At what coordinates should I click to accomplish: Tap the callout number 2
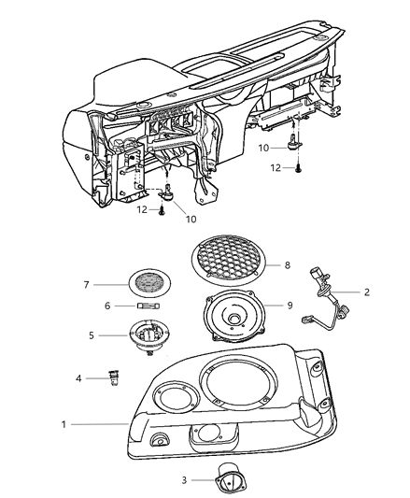[367, 292]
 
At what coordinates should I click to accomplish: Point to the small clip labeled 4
[114, 378]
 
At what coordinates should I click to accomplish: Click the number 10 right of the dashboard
[264, 148]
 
